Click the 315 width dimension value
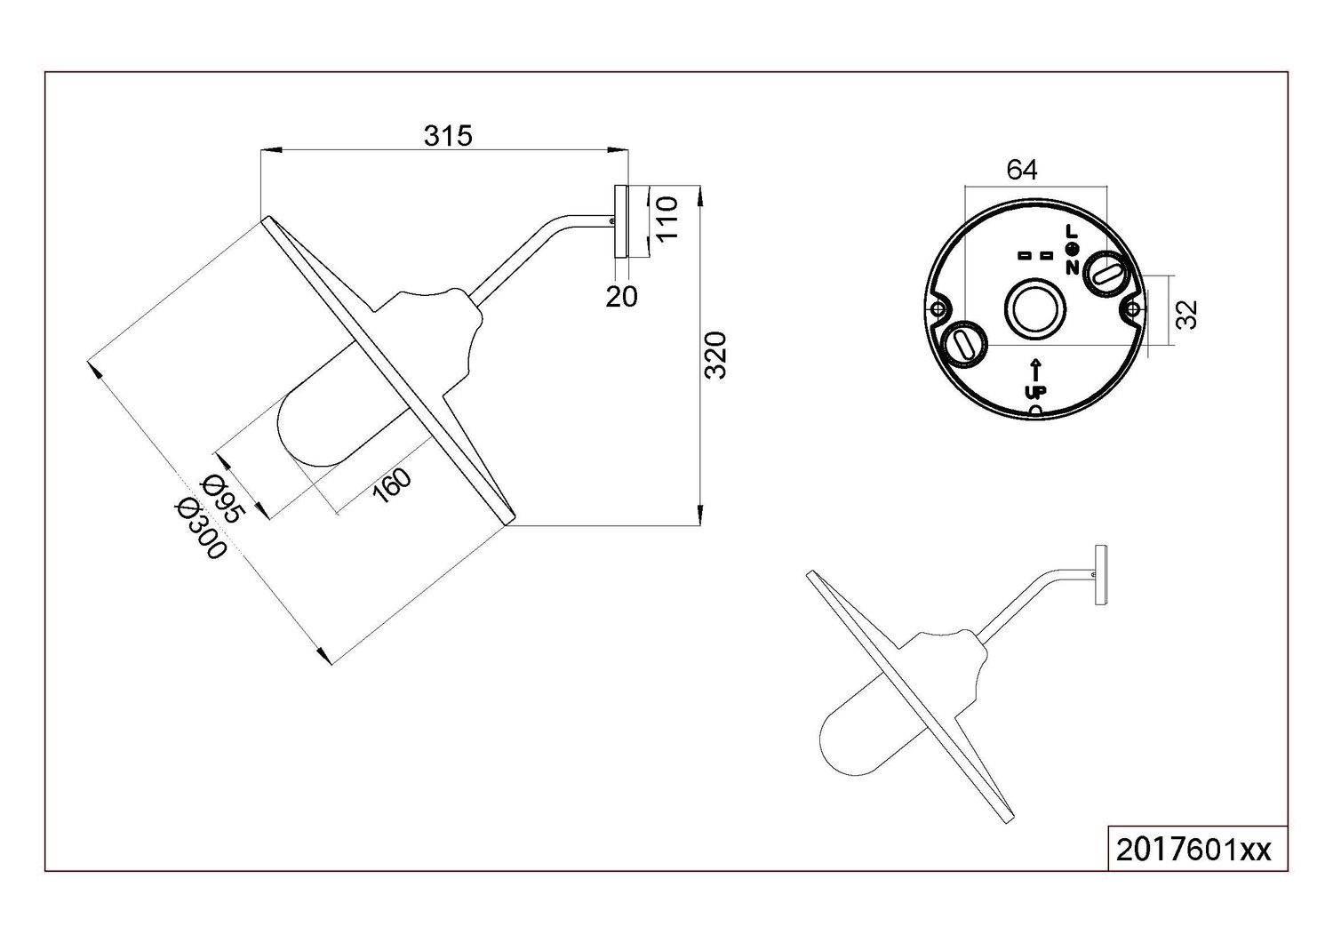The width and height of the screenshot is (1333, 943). click(448, 136)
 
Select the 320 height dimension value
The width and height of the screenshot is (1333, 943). click(715, 356)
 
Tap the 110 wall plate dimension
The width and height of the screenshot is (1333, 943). click(667, 218)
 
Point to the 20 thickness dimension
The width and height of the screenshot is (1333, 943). click(621, 297)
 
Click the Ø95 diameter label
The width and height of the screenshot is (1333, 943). click(223, 499)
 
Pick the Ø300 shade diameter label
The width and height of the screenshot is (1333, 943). click(201, 527)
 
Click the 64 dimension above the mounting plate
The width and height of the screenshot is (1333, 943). click(1022, 171)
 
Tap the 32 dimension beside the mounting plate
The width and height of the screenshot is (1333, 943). click(1187, 314)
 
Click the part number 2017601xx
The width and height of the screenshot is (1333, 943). click(1193, 851)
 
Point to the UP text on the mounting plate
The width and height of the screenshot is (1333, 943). click(1035, 391)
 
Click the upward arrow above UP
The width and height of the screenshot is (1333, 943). click(1035, 370)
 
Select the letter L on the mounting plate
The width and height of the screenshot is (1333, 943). click(1071, 230)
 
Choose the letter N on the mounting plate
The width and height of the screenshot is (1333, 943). click(1072, 268)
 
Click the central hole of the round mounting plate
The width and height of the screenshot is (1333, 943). click(1035, 308)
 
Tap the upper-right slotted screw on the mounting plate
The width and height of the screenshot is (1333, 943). click(1107, 273)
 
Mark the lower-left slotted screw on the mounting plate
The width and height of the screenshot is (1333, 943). click(964, 343)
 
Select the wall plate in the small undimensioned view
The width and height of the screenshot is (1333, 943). click(1101, 575)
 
